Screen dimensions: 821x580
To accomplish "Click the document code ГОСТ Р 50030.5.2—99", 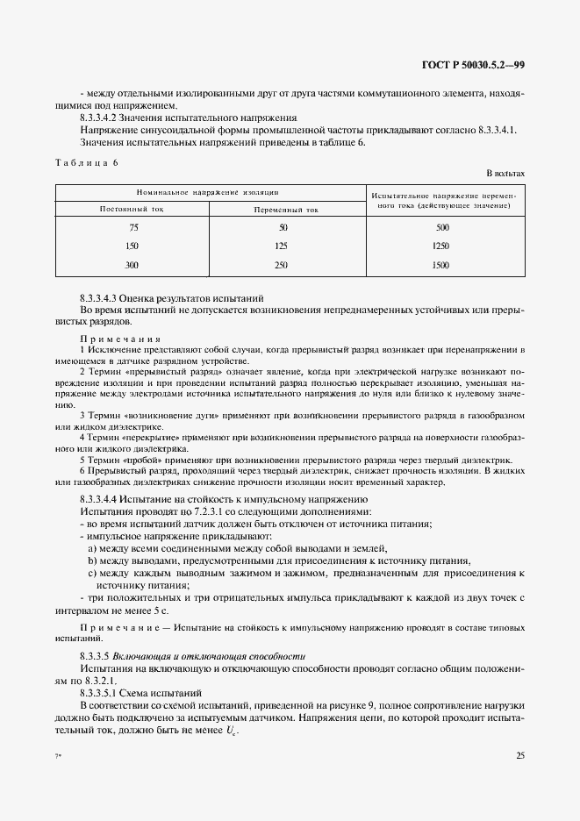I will click(475, 65).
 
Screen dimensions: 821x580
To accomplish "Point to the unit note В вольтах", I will click(505, 175).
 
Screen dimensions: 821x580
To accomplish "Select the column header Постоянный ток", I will click(132, 209).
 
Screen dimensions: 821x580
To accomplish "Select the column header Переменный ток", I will click(286, 210).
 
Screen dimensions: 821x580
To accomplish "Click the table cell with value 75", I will click(132, 228).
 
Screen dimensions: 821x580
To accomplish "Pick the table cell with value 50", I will click(283, 228).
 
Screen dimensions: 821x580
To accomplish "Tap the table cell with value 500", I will click(441, 228).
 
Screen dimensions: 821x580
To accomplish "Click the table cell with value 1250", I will click(441, 246).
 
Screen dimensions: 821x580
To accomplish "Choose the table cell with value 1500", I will click(441, 265).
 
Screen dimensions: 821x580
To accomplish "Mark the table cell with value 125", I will click(283, 246).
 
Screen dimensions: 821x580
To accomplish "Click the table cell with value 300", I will click(132, 265).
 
